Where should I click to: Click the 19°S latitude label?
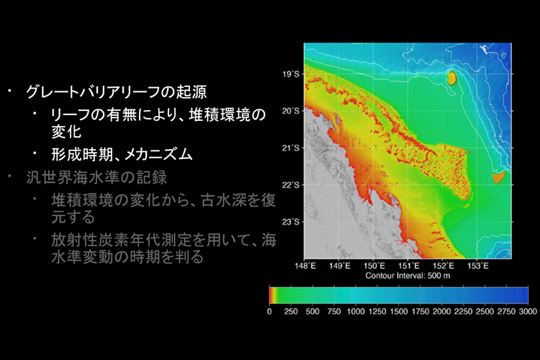tap(291, 74)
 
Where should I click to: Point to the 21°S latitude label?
tap(291, 148)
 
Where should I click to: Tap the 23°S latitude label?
tap(291, 222)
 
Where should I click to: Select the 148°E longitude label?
tap(305, 266)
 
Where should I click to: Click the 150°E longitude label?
tap(374, 266)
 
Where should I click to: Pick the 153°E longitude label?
tap(478, 266)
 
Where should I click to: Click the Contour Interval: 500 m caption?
tap(408, 276)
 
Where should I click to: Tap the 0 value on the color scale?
tap(269, 312)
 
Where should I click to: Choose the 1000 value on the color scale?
tap(356, 312)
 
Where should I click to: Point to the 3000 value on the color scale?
tap(528, 312)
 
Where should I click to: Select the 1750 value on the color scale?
tap(420, 312)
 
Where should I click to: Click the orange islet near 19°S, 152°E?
tap(451, 78)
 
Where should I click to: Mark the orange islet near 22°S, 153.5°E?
tap(498, 177)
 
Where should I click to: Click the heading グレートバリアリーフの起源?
tap(117, 91)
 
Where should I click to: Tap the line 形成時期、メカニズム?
tap(122, 154)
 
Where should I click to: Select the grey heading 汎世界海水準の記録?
tap(96, 177)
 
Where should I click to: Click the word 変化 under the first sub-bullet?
tap(66, 131)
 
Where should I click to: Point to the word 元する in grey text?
tap(73, 217)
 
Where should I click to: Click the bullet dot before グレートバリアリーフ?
tap(9, 90)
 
